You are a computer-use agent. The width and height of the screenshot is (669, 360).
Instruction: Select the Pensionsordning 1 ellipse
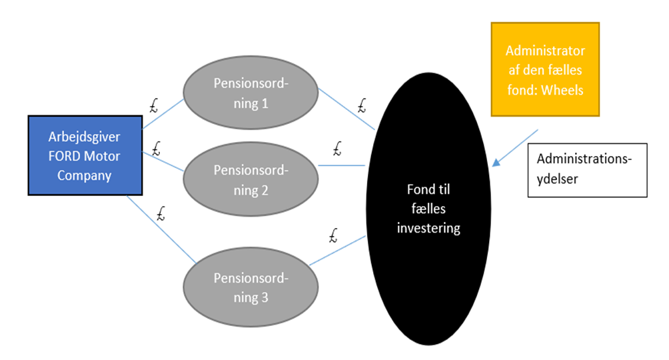tap(251, 94)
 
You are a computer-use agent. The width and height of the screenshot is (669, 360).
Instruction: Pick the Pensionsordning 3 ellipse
tap(251, 287)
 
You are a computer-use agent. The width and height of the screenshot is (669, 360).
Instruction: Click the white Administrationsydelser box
tap(587, 170)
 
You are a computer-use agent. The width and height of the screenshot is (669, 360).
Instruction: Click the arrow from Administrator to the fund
tap(517, 146)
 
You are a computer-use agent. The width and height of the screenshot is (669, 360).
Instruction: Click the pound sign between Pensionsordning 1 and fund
tap(362, 104)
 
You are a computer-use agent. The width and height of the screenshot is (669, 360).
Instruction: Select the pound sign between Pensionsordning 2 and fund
tap(336, 147)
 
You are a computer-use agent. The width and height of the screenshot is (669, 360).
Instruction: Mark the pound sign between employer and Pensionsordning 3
tap(160, 215)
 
